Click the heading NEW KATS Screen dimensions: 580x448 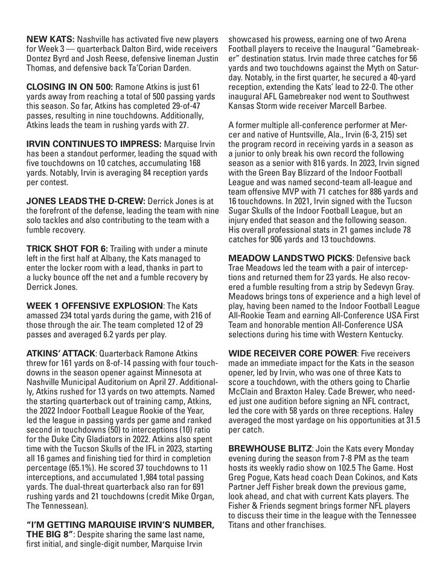pyautogui.click(x=50, y=40)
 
